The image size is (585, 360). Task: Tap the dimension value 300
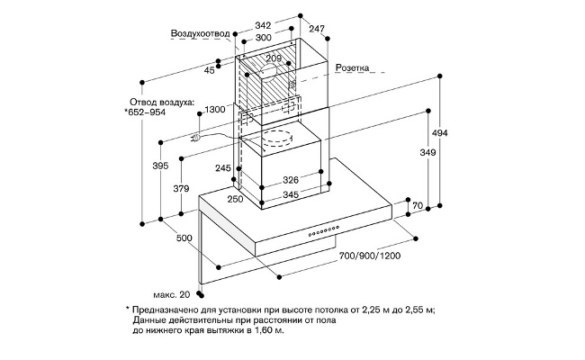[262, 40]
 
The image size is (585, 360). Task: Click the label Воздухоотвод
[200, 34]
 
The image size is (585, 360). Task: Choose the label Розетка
[353, 67]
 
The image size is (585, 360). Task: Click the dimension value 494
[464, 134]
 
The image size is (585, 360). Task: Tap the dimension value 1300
[215, 109]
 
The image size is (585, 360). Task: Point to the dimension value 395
[159, 166]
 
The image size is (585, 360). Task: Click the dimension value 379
[181, 188]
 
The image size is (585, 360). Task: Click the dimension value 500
[185, 238]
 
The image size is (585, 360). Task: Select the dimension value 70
[417, 207]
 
